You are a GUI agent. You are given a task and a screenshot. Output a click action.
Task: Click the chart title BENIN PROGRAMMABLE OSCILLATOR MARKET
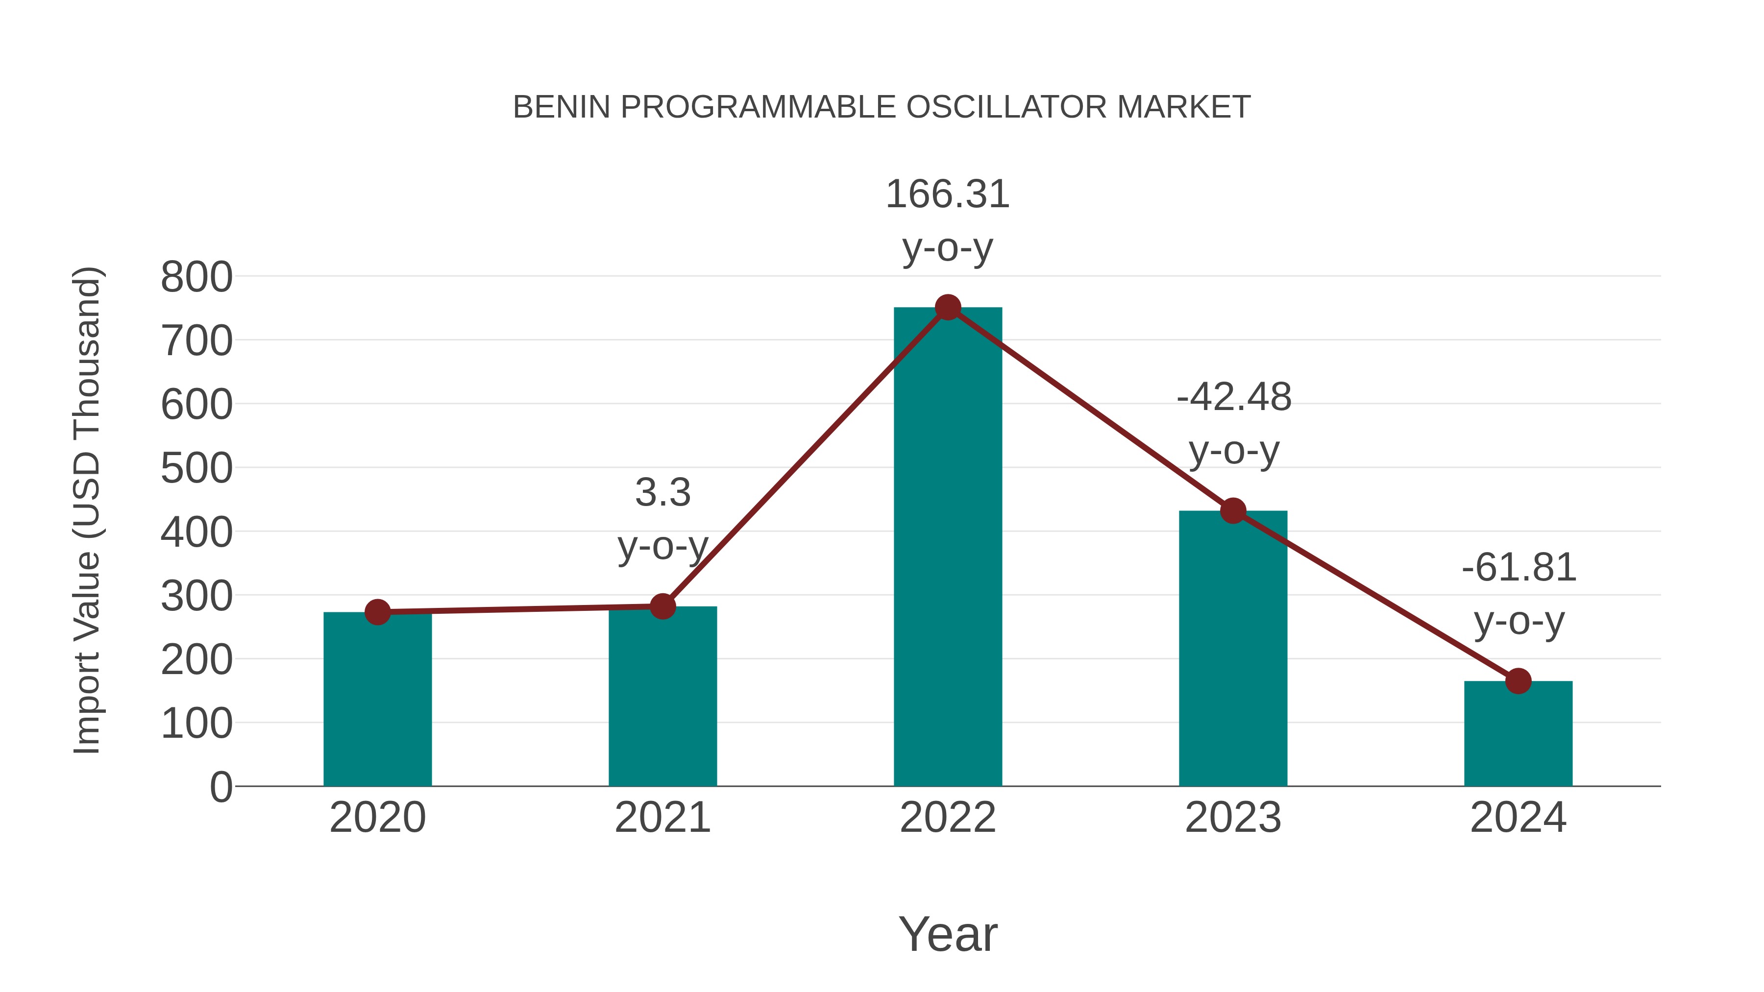(x=882, y=107)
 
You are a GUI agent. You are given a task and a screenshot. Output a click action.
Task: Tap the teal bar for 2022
(x=948, y=548)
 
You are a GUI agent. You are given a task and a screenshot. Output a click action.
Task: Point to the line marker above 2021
(x=662, y=606)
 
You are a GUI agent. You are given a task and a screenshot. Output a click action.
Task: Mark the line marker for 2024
(x=1518, y=681)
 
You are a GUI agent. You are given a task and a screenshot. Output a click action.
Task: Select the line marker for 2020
(x=377, y=611)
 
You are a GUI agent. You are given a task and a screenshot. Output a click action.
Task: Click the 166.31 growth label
(x=948, y=194)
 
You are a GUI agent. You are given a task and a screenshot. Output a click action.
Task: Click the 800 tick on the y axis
(x=196, y=277)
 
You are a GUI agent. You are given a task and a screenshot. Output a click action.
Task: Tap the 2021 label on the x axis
(x=662, y=818)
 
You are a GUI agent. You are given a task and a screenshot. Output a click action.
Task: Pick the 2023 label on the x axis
(x=1233, y=818)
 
